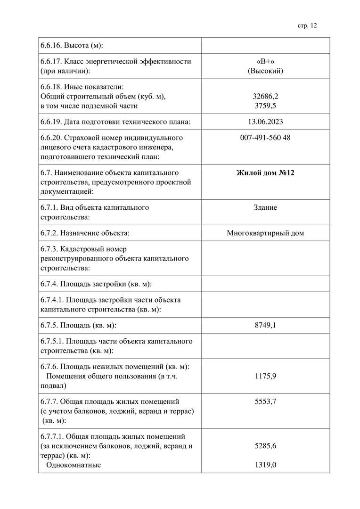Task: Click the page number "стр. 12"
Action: (307, 25)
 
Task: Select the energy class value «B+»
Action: (265, 61)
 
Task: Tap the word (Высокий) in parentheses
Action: (265, 71)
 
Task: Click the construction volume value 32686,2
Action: (265, 96)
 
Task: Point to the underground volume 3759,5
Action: (265, 106)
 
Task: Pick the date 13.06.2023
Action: (265, 122)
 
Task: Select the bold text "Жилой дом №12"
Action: (265, 172)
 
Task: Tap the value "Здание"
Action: (265, 207)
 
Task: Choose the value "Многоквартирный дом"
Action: (265, 233)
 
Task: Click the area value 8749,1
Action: (265, 325)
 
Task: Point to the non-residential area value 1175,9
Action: (265, 376)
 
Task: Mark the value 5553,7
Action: (265, 402)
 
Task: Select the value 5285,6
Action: (265, 446)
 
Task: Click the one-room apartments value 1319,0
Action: (265, 465)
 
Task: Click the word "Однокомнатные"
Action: (74, 465)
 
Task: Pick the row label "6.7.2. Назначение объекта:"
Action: (85, 233)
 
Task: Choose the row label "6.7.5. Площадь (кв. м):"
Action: (79, 325)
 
